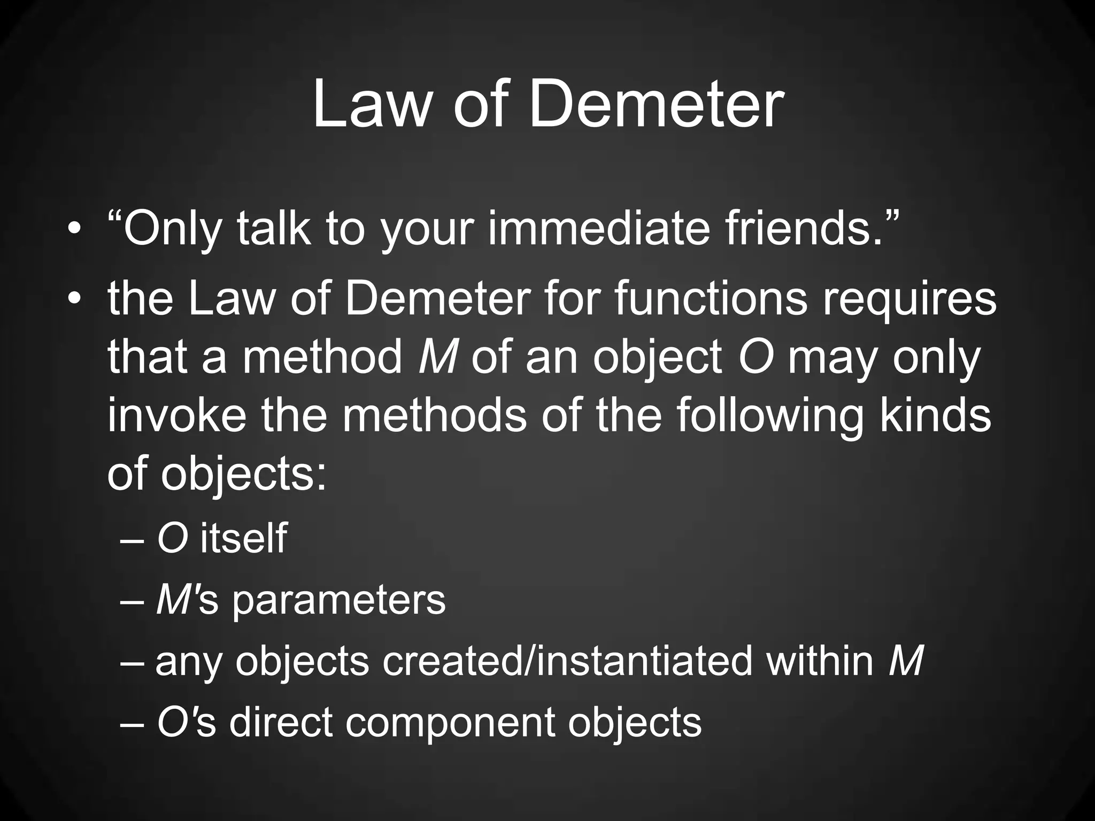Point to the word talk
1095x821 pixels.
[x=273, y=228]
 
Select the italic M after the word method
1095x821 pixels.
[x=437, y=357]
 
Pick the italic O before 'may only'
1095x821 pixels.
[x=756, y=357]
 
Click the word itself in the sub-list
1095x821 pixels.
[x=244, y=538]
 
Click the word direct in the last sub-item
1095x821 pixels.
[x=281, y=722]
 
